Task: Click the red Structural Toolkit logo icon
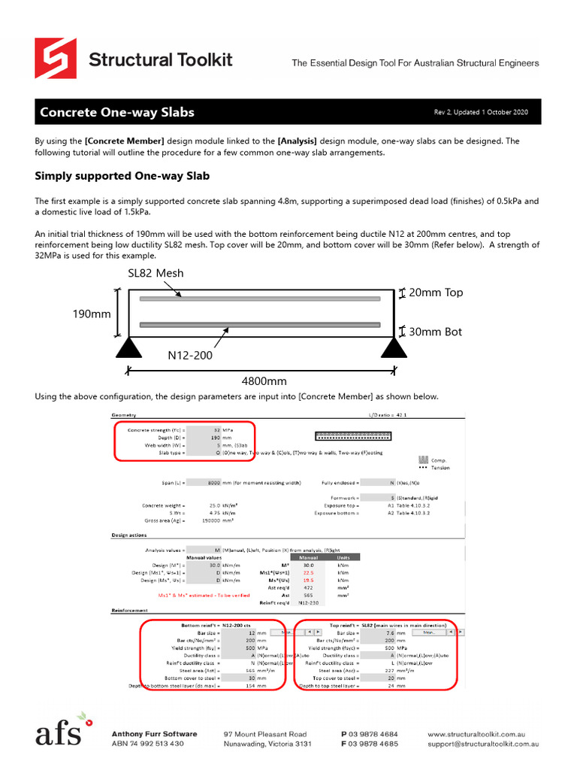click(x=55, y=59)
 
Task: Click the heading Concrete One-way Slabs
click(x=116, y=113)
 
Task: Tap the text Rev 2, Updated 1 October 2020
click(x=481, y=113)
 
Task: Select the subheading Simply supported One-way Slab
click(x=122, y=176)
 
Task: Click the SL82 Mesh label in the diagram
click(x=156, y=273)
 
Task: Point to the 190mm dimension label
click(x=91, y=314)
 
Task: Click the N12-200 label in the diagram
click(x=189, y=355)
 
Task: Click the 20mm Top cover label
click(x=436, y=293)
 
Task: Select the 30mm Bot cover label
click(x=436, y=332)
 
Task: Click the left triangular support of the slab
click(x=129, y=347)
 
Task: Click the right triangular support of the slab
click(x=394, y=347)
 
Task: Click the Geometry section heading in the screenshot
click(x=125, y=415)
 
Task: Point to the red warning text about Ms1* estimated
click(x=195, y=594)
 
